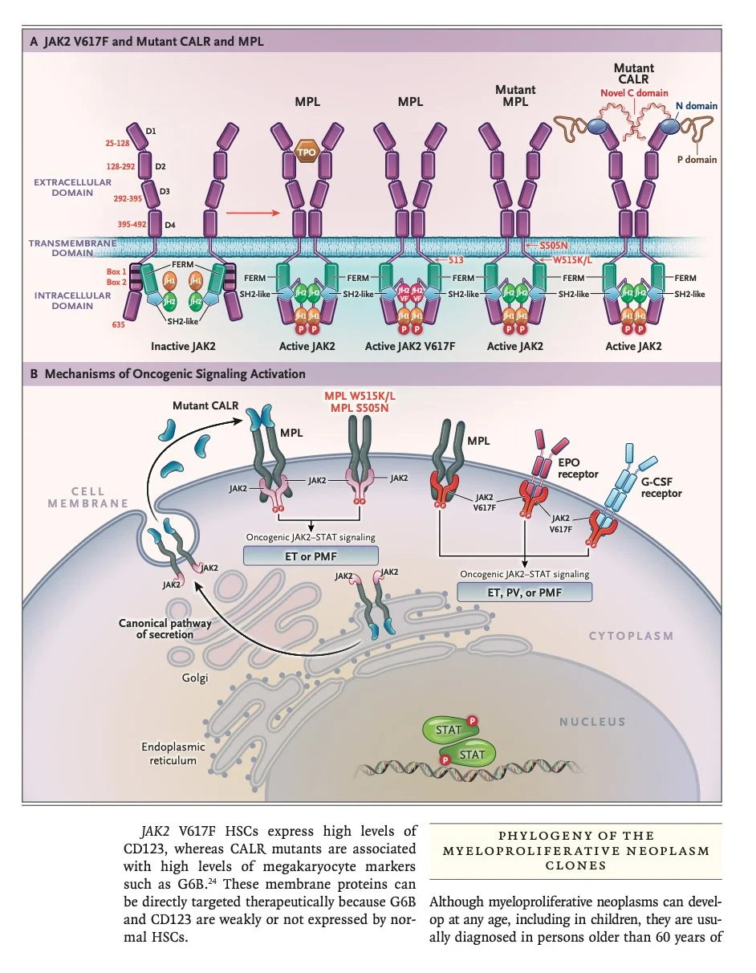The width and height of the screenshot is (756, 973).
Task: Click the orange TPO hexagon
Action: pos(307,152)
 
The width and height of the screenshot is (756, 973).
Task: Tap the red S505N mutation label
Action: pos(553,246)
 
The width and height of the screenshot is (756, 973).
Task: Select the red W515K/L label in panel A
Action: pos(572,259)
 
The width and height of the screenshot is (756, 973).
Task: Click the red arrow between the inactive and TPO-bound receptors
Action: pos(253,213)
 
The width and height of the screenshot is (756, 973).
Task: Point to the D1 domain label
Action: pos(151,131)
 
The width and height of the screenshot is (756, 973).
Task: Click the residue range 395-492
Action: pos(132,224)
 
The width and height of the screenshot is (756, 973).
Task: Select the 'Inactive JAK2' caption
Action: pos(183,346)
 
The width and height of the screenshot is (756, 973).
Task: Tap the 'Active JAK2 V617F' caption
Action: pos(410,346)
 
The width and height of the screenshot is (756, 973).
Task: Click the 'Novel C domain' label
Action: pos(634,93)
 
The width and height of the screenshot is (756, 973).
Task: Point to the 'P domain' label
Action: pos(697,160)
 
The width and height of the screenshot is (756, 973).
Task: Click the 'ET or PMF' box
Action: pos(311,556)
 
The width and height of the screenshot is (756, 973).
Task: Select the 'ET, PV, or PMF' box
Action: pos(525,592)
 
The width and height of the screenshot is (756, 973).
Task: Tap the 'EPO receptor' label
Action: pos(578,468)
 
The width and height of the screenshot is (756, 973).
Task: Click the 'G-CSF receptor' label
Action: pos(661,487)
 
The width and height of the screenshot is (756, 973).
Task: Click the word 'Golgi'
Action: pos(195,678)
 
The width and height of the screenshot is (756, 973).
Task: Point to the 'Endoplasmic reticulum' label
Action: pos(173,754)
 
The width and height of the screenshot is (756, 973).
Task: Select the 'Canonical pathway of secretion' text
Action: pos(165,629)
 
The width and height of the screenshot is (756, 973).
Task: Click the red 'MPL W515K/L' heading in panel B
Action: pos(360,397)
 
